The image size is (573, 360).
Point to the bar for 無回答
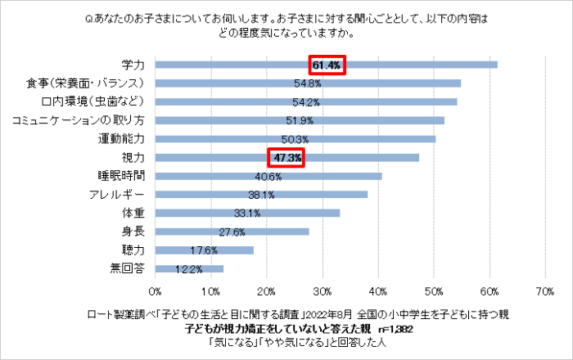[189, 268]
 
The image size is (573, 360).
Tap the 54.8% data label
[308, 83]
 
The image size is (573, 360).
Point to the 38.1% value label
[261, 195]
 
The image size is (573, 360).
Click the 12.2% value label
[189, 268]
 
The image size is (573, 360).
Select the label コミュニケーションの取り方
[79, 120]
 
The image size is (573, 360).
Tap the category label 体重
[133, 213]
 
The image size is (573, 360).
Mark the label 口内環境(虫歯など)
[92, 101]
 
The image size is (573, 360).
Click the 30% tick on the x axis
[323, 290]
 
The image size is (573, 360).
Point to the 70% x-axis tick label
[545, 290]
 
